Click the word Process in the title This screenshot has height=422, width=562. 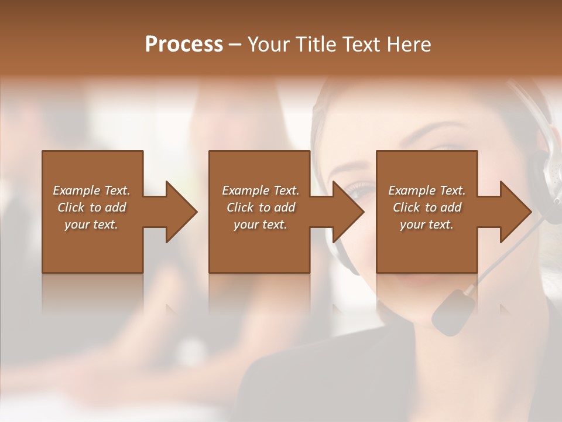point(184,45)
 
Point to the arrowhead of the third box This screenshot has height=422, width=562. point(515,212)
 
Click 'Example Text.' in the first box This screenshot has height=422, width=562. point(91,190)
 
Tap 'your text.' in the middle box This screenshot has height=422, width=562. point(260,224)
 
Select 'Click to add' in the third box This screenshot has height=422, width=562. point(427,207)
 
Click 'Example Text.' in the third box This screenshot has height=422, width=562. point(427,190)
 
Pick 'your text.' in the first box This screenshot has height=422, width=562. point(91,224)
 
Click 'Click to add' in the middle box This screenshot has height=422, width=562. point(260,207)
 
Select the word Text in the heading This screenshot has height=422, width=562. point(360,45)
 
